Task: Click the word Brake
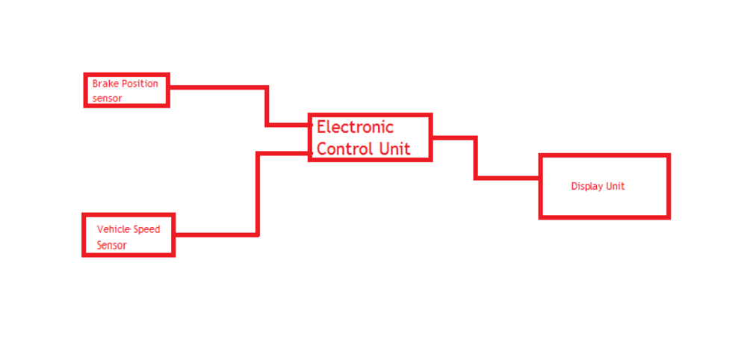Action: tap(105, 84)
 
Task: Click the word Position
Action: tap(139, 84)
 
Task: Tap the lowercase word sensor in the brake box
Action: tap(107, 98)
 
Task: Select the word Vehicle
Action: tap(114, 229)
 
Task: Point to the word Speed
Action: tap(146, 229)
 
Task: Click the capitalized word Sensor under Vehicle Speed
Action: tap(111, 245)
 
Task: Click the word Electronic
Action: tap(355, 127)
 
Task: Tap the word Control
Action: tap(344, 148)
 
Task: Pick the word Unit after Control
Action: tap(394, 148)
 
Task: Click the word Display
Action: tap(587, 186)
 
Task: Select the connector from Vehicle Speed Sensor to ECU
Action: tap(258, 194)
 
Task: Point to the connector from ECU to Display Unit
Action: tap(475, 158)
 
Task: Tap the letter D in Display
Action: tap(574, 186)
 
